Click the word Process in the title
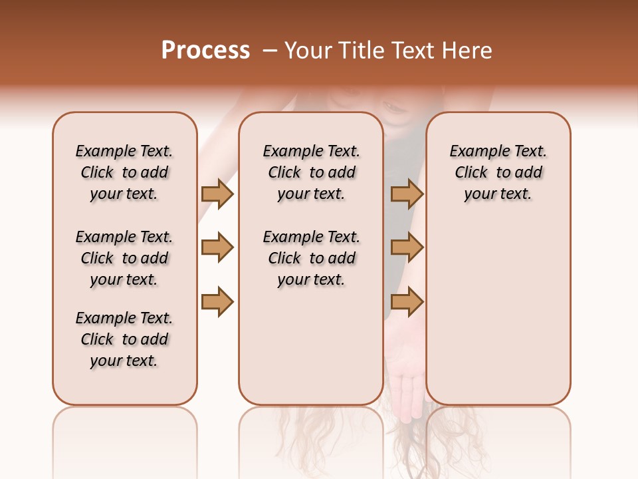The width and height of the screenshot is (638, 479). click(x=205, y=51)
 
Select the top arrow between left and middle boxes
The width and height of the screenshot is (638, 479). click(x=217, y=194)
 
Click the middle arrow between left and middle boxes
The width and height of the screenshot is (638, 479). click(x=217, y=247)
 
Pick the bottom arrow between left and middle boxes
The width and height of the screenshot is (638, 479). click(x=217, y=301)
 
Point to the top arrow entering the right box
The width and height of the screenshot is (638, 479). click(x=407, y=194)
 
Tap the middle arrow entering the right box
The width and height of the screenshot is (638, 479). click(x=407, y=247)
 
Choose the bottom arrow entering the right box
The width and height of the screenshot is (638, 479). click(x=407, y=301)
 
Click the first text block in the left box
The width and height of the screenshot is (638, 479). click(x=124, y=172)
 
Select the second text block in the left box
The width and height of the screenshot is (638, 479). click(x=124, y=258)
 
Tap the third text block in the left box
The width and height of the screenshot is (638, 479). click(x=124, y=339)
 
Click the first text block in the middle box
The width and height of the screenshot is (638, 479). click(x=311, y=172)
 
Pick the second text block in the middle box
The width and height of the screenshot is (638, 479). click(x=311, y=258)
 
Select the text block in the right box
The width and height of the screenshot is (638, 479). click(x=498, y=172)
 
